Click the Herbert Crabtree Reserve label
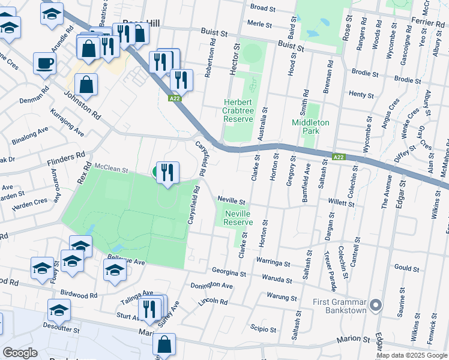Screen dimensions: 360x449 238,111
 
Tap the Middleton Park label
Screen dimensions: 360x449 310,126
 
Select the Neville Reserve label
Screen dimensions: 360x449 238,217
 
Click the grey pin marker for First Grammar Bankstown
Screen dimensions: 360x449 376,305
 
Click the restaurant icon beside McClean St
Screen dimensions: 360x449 167,173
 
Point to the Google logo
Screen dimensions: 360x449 20,353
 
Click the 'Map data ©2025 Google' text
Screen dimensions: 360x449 412,355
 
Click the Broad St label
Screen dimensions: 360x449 262,8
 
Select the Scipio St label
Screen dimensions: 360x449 264,329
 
